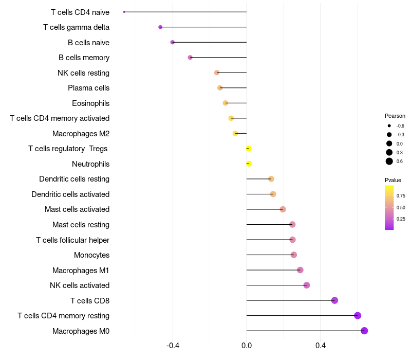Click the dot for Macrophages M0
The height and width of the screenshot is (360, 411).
click(x=364, y=331)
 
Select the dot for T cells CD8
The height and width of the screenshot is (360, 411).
click(x=334, y=300)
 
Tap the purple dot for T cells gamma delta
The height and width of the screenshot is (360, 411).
click(x=160, y=27)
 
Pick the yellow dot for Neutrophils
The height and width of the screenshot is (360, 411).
click(x=249, y=164)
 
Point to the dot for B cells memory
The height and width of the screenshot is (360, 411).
click(x=190, y=58)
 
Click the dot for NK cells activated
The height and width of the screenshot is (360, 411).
click(x=307, y=285)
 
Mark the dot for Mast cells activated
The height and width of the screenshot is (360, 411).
click(x=283, y=209)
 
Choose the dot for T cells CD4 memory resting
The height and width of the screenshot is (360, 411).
click(x=358, y=316)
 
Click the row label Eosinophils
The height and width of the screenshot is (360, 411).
click(x=90, y=103)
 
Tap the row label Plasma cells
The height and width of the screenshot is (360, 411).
click(x=88, y=88)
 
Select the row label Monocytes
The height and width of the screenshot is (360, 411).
click(x=91, y=255)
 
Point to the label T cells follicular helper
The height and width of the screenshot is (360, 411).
click(x=72, y=240)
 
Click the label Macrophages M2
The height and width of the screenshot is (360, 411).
click(x=81, y=134)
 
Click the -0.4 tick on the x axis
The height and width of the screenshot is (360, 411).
click(x=173, y=345)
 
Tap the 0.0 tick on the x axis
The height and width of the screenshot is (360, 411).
click(x=247, y=345)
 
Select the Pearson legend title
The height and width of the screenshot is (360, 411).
click(x=395, y=116)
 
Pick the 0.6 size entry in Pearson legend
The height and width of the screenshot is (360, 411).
click(x=389, y=161)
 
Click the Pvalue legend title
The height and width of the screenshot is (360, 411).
click(x=393, y=180)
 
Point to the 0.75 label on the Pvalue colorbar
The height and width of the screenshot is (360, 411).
click(x=401, y=196)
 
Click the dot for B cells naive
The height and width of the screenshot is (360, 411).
click(x=173, y=42)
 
